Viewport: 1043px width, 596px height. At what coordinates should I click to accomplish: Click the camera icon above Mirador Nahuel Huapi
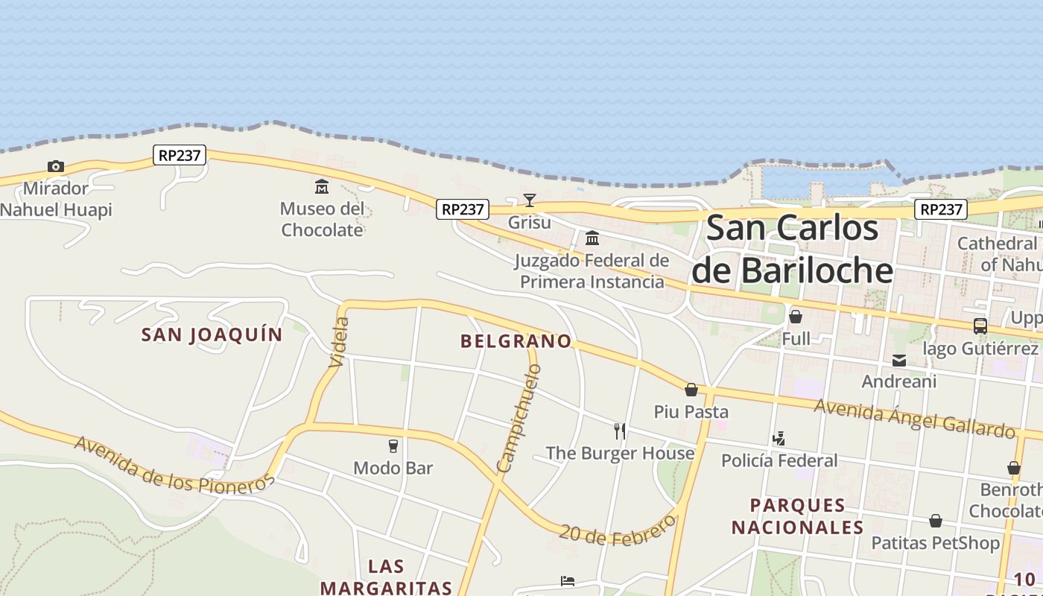pos(55,166)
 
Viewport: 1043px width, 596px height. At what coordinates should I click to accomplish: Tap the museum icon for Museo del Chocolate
pos(322,186)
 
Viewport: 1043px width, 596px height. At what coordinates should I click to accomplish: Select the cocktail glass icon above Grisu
pos(530,200)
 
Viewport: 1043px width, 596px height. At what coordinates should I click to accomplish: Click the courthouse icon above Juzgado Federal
pos(592,238)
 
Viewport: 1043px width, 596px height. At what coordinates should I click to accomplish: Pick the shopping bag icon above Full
pos(796,317)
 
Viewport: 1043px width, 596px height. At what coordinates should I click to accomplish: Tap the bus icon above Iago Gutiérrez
pos(980,326)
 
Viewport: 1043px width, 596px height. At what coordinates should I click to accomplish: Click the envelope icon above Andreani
pos(899,361)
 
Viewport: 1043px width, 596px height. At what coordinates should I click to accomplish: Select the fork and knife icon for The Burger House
pos(619,431)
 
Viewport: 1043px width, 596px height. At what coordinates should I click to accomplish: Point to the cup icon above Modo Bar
pos(393,446)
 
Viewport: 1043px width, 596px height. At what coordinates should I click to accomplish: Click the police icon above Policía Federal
pos(779,438)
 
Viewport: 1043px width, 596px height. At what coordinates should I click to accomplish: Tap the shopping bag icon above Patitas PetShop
pos(936,521)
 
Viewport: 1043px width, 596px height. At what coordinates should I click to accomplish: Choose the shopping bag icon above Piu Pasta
pos(691,390)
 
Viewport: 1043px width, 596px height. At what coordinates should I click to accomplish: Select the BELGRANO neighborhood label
pos(516,341)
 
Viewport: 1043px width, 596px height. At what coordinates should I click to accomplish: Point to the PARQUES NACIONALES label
pos(797,516)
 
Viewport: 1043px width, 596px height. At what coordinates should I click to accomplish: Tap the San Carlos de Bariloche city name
pos(793,249)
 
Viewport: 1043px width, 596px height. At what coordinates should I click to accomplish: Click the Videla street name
pos(339,342)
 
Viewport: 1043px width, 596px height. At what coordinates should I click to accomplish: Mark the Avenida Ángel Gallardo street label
pos(915,418)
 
